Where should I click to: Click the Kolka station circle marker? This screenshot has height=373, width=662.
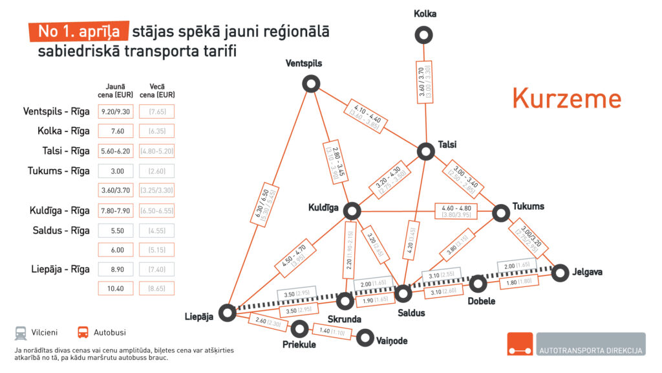423,35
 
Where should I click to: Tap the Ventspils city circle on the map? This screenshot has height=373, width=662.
311,84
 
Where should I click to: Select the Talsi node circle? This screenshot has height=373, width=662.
425,152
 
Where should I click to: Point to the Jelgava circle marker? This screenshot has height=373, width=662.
561,273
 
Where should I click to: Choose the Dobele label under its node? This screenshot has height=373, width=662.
482,301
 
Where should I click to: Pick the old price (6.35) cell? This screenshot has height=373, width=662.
156,131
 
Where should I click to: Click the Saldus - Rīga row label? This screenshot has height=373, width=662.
61,231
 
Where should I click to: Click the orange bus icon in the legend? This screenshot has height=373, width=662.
83,333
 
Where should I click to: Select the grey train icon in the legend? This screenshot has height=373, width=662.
21,333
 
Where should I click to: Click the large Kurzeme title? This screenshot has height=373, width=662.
566,98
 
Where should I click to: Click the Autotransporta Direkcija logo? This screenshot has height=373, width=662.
575,344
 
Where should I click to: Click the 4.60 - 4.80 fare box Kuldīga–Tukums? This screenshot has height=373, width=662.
456,211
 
